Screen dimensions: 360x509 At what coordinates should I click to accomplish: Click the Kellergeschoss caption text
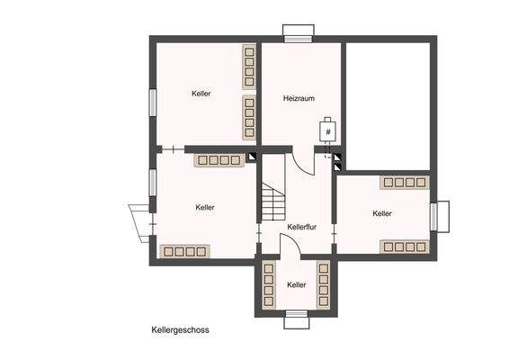[x=180, y=330]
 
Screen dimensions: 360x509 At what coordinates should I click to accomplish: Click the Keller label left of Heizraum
[x=201, y=94]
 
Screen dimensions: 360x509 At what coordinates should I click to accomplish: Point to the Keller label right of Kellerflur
[x=382, y=213]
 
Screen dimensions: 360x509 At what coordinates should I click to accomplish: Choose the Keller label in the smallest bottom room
[x=297, y=284]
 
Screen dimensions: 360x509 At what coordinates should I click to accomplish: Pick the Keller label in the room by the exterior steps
[x=205, y=207]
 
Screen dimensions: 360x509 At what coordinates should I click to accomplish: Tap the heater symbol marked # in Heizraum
[x=328, y=131]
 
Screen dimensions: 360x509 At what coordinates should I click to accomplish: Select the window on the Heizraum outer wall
[x=296, y=37]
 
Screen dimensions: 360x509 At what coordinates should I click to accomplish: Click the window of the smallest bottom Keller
[x=297, y=314]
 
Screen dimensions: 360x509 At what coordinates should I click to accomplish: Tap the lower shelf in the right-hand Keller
[x=403, y=246]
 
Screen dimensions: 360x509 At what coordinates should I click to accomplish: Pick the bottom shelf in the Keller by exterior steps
[x=184, y=251]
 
